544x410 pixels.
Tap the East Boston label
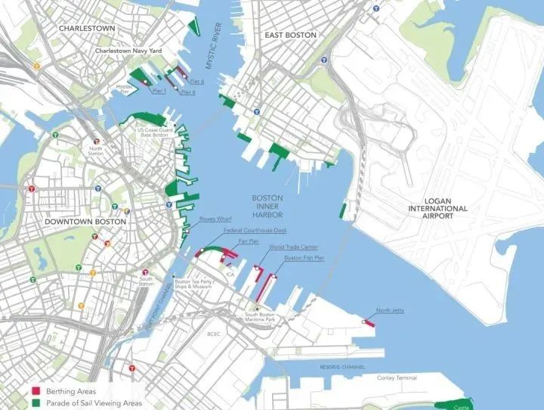[289, 35]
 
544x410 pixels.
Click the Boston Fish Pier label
[304, 258]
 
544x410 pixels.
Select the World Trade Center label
[292, 247]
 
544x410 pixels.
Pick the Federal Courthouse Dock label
[255, 229]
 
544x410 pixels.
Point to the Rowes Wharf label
[212, 219]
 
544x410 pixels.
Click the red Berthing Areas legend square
[36, 392]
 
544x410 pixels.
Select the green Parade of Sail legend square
[36, 402]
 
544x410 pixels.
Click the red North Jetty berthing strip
[370, 321]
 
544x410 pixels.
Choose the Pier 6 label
[197, 80]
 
